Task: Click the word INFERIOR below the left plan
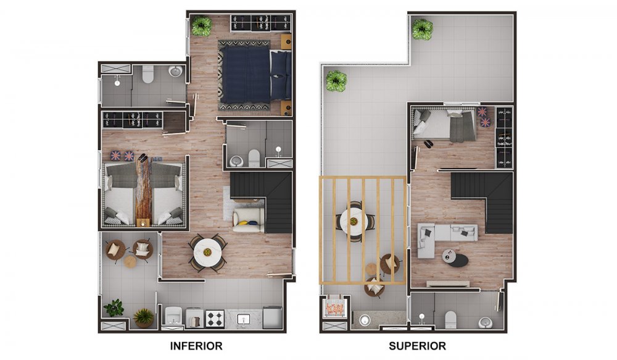coord(196,346)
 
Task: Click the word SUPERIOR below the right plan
coord(417,346)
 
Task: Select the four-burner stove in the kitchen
coord(214,319)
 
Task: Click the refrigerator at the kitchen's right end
coord(272,317)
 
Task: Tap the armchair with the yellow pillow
coord(249,220)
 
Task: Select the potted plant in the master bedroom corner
coord(201,26)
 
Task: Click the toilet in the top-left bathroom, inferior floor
coord(147,75)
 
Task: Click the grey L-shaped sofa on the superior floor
coord(439,238)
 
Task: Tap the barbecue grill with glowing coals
coord(334,308)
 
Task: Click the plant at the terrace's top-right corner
coord(423,29)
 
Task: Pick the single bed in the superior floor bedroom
coord(444,125)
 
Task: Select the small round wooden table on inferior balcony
coord(130,261)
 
